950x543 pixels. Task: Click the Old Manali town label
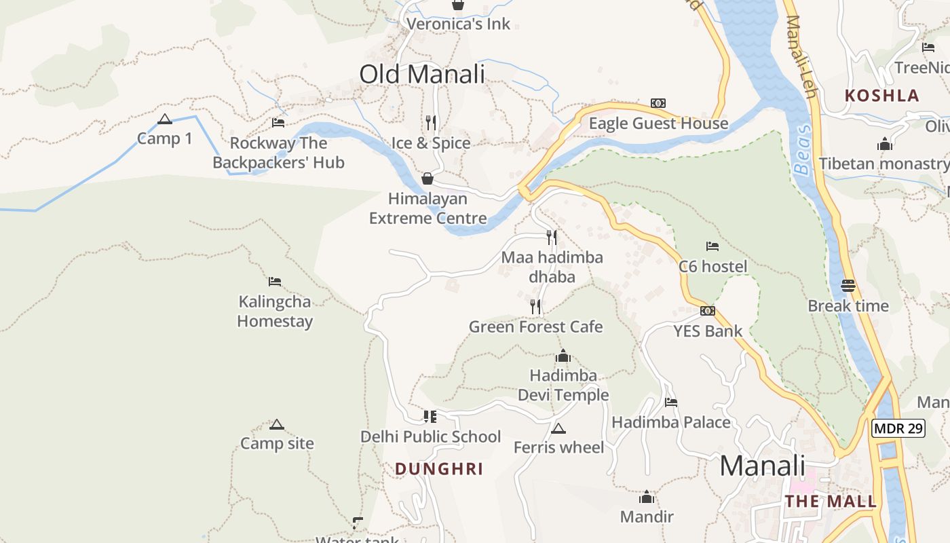click(422, 74)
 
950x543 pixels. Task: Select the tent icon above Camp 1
click(164, 119)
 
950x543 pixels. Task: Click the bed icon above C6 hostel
click(712, 246)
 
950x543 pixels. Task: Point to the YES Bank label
click(708, 331)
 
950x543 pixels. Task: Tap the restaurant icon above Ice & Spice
click(431, 122)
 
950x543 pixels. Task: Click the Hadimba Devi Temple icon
click(563, 356)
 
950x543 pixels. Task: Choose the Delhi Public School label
click(430, 436)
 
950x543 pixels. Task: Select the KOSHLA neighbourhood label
click(881, 96)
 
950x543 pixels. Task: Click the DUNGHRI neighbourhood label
click(439, 469)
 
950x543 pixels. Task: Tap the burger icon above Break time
click(848, 286)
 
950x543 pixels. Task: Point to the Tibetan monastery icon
click(884, 144)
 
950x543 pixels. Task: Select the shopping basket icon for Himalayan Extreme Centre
click(427, 179)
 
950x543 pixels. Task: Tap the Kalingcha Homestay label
click(275, 312)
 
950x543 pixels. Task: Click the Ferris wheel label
click(558, 447)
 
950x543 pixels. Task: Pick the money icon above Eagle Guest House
click(658, 103)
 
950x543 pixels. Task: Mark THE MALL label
click(831, 502)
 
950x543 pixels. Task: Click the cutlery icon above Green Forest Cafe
click(535, 307)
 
